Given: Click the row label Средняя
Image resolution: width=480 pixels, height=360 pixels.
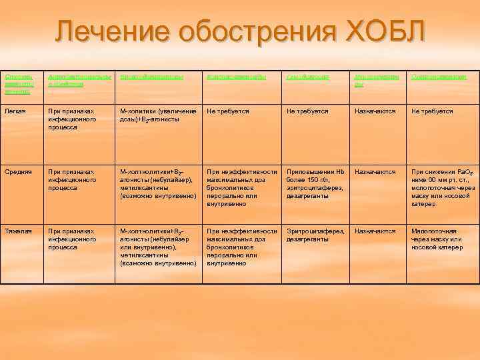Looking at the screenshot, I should click(17, 171).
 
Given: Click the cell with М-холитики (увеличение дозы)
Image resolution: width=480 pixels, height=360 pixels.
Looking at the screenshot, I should click(157, 115).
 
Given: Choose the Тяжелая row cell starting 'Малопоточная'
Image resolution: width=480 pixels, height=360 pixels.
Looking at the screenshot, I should click(437, 239).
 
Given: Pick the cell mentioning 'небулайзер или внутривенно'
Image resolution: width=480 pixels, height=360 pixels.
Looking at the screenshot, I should click(157, 247).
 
